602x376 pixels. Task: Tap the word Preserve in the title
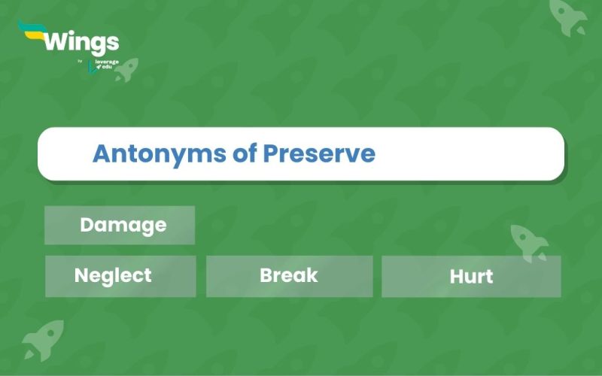tap(318, 154)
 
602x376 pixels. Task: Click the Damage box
tap(120, 225)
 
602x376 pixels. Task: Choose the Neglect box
tap(120, 276)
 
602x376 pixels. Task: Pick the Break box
tap(289, 276)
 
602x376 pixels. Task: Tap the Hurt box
tap(471, 277)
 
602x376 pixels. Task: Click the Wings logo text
tap(81, 41)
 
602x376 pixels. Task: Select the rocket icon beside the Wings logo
tap(126, 69)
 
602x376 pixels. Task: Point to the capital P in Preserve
tap(270, 154)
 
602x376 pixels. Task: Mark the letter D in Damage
tap(86, 225)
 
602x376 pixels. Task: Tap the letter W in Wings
tap(57, 41)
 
